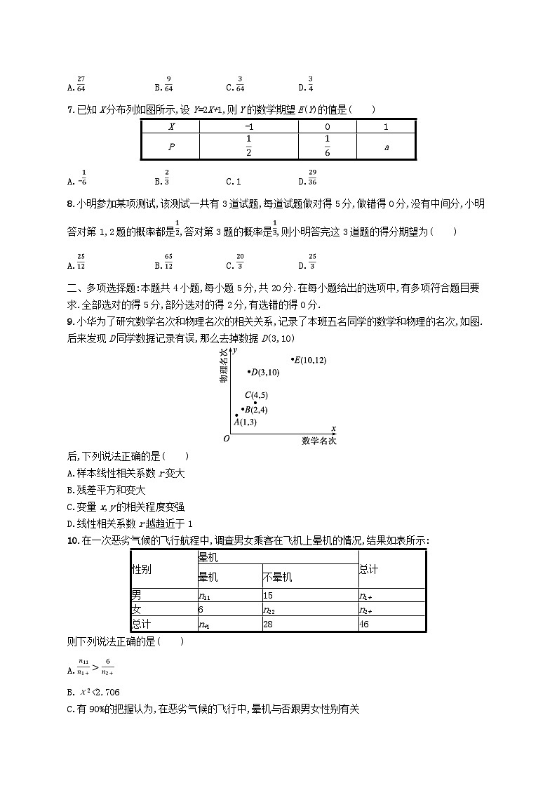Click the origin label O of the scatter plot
226,439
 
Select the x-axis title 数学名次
319,441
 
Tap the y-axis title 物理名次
224,366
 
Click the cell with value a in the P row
386,147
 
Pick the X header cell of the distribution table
170,127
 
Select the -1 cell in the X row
249,127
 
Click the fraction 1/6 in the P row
327,147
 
